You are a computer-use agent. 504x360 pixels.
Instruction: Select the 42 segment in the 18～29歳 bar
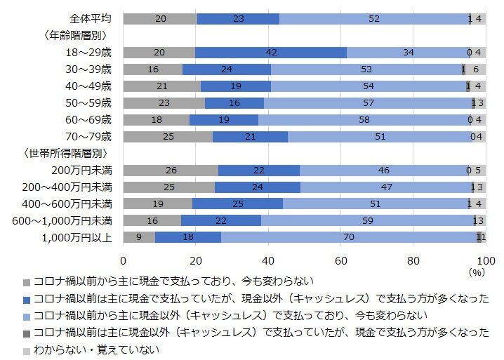pos(271,53)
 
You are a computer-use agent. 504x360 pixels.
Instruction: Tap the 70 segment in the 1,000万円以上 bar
pos(348,238)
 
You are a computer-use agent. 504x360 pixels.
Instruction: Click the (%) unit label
pos(477,271)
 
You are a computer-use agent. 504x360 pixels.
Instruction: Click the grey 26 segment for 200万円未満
pos(171,171)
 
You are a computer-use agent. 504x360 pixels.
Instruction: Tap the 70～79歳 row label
pos(88,137)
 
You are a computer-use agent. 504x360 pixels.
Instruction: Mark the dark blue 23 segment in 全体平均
pos(238,19)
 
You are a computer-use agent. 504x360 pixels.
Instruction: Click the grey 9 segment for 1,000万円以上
pos(140,238)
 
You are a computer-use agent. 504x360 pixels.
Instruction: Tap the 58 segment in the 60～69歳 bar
pos(364,120)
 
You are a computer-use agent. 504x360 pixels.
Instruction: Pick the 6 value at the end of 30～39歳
pos(476,69)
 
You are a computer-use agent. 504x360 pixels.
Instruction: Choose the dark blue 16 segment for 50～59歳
pos(234,103)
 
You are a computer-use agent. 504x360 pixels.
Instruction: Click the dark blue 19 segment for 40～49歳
pos(236,86)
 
